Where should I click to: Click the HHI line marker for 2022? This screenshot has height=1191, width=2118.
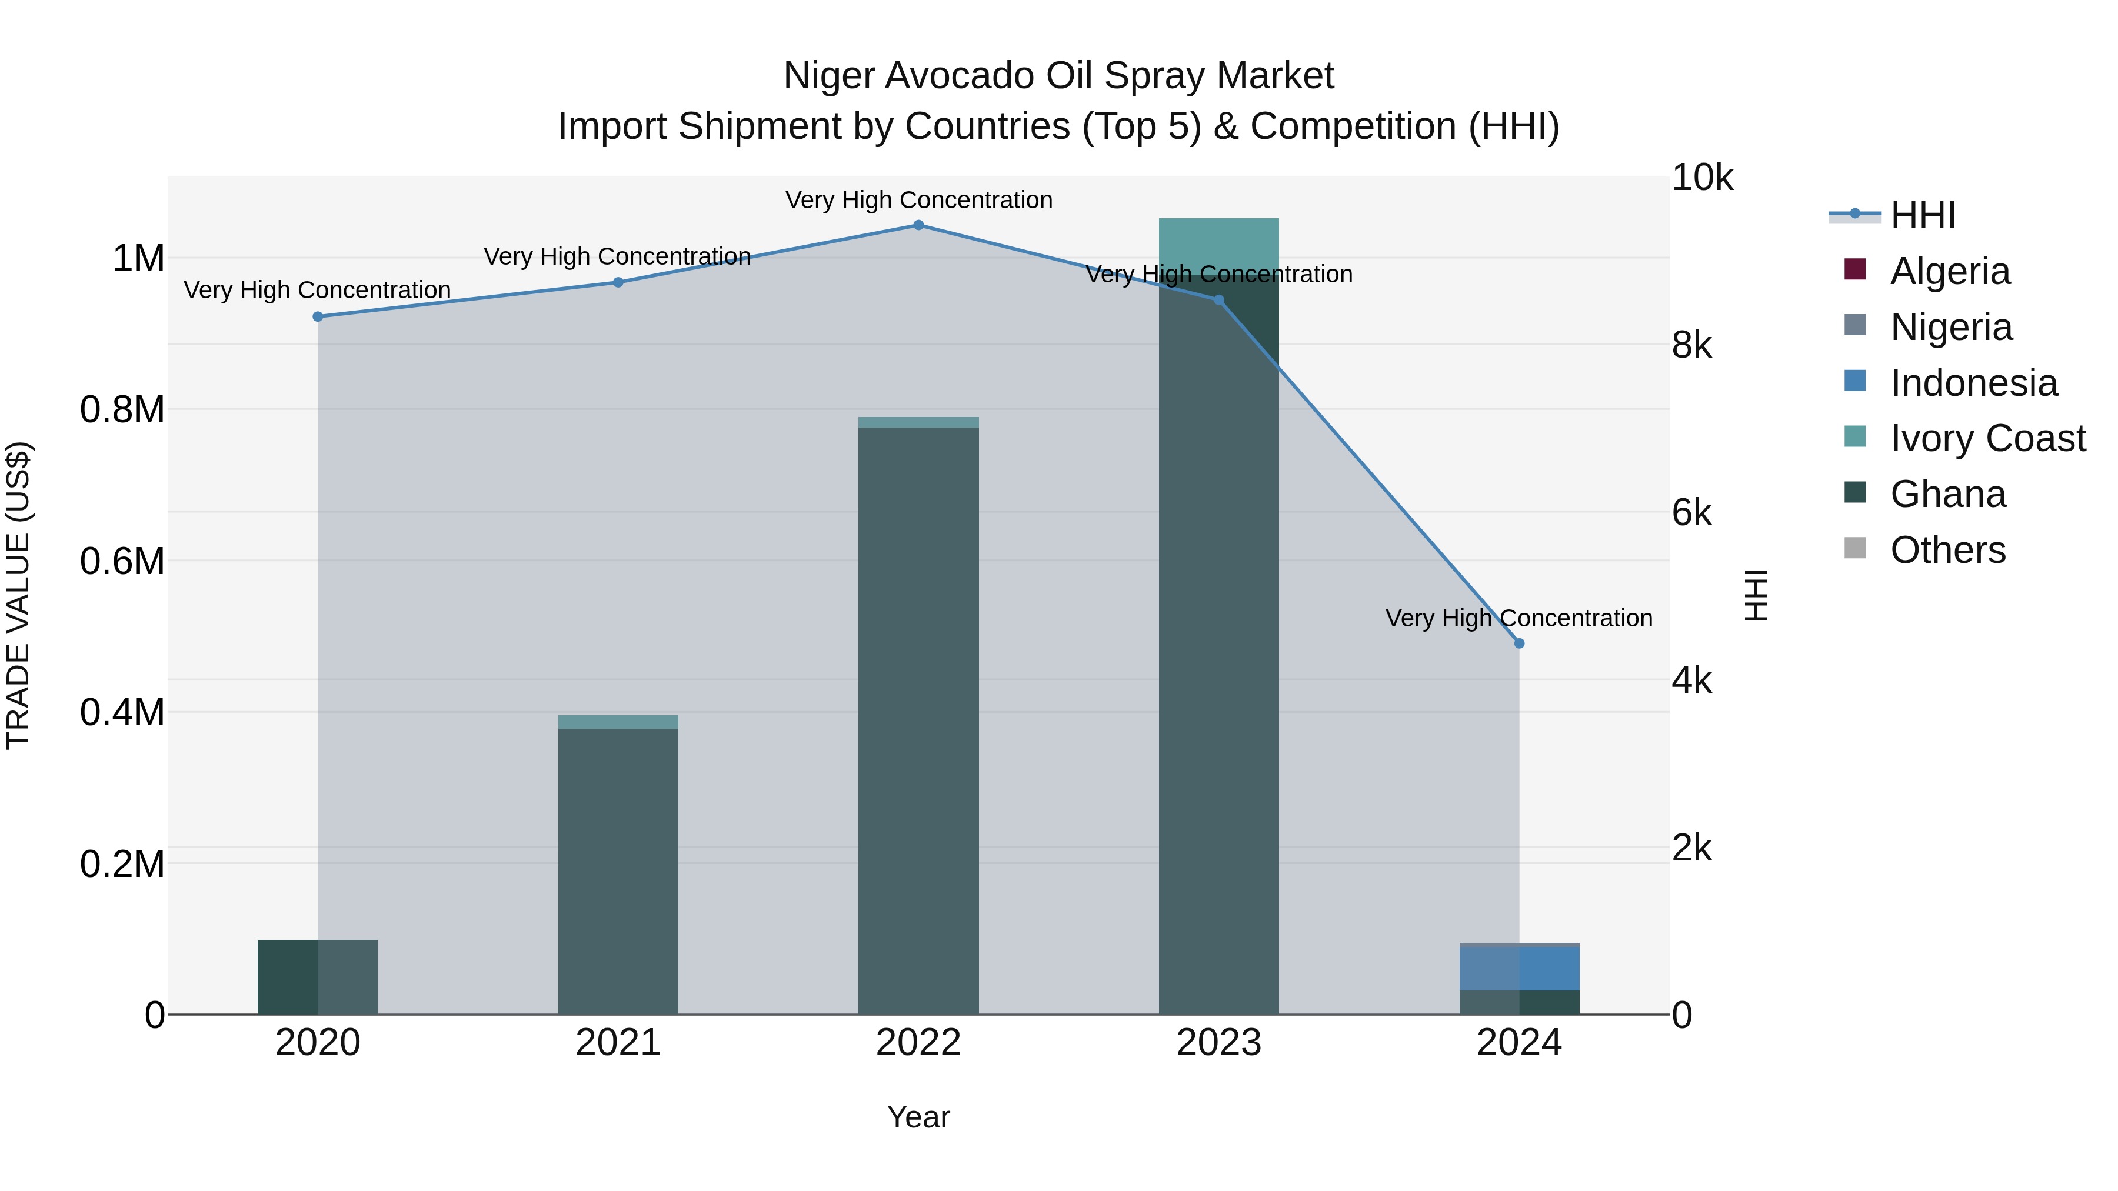pos(918,225)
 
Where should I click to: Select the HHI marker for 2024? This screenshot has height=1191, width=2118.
pos(1518,643)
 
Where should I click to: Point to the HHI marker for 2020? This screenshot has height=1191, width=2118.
pos(318,316)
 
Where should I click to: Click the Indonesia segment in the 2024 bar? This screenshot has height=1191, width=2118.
pos(1518,968)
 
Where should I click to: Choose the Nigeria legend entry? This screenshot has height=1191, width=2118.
pos(1950,327)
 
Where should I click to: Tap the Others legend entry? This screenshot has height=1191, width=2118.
pos(1947,550)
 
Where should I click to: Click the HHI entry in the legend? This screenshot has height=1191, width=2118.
pos(1922,215)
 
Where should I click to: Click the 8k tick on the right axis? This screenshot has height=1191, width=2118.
pos(1691,345)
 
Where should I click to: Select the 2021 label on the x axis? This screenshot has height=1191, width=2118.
pos(618,1043)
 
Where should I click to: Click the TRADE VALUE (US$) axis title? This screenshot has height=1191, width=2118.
pos(19,595)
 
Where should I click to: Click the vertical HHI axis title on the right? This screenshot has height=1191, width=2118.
pos(1756,595)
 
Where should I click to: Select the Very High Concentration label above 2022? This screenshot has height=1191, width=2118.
pos(918,200)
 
